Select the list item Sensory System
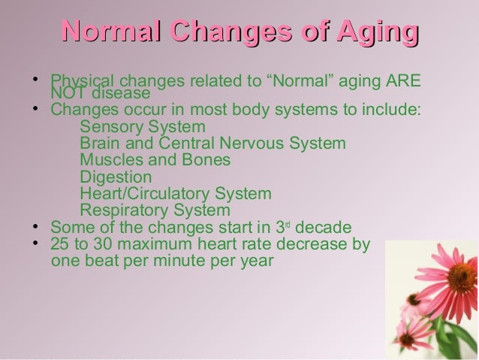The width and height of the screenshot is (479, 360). [142, 126]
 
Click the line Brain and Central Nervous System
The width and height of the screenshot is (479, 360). [212, 143]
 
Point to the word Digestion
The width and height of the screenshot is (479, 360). [116, 177]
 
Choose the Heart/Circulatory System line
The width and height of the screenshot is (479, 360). [175, 194]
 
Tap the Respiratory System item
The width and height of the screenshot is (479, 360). [155, 210]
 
